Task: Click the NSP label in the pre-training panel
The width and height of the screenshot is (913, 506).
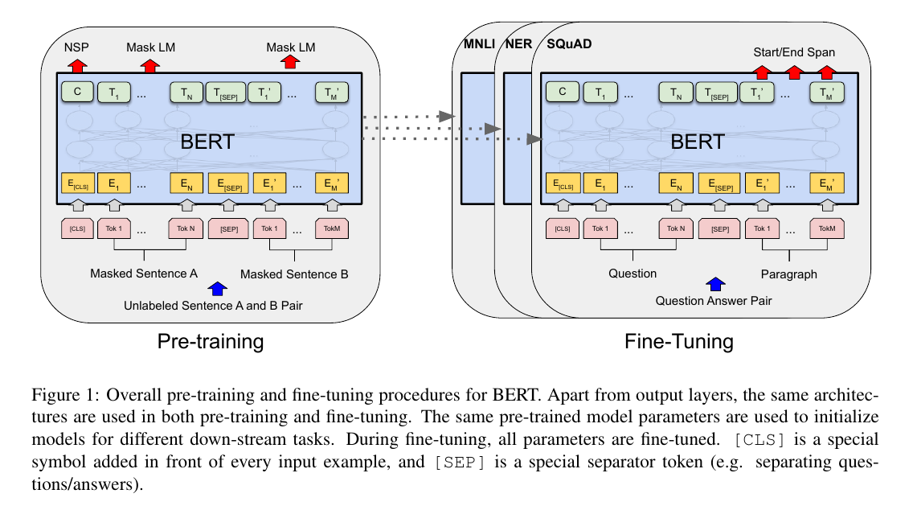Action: [76, 47]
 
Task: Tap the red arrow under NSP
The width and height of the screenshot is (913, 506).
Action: [77, 65]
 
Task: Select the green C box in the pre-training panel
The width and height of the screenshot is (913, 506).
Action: [77, 92]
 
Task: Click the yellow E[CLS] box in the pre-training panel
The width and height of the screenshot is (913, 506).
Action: [77, 183]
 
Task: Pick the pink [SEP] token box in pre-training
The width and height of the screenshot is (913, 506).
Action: [229, 229]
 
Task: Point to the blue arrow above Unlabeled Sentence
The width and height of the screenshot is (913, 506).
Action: [217, 289]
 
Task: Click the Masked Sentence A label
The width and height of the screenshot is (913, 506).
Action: [144, 274]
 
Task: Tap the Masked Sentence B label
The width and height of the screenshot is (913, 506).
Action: [294, 274]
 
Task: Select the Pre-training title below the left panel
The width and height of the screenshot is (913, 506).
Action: [211, 341]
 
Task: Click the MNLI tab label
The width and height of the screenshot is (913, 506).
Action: [479, 43]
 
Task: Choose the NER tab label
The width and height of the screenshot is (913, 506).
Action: [518, 43]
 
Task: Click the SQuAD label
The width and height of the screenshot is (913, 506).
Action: [569, 43]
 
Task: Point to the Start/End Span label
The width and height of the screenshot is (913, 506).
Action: [793, 51]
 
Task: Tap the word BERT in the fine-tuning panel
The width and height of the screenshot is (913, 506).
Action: [697, 142]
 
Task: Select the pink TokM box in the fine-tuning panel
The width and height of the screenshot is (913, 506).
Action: [827, 228]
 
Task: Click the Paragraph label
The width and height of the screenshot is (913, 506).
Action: [788, 274]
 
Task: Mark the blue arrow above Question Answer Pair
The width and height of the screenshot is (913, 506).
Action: [715, 285]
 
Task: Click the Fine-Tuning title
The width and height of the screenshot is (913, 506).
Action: [679, 341]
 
